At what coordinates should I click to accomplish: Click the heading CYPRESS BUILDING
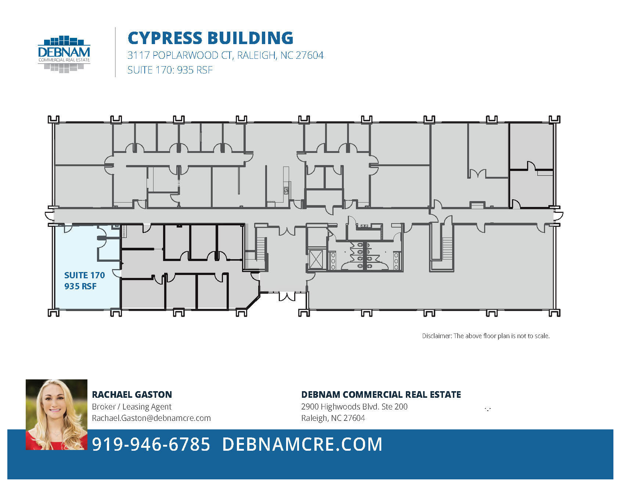tap(210, 38)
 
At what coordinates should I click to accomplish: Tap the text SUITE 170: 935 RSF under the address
tap(170, 70)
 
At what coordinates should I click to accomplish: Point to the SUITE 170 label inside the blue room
tap(84, 275)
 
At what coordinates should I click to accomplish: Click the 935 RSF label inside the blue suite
tap(80, 286)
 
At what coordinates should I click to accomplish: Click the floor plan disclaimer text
tap(486, 336)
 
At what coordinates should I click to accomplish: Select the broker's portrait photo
tap(57, 414)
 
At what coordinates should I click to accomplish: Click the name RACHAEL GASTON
tap(132, 394)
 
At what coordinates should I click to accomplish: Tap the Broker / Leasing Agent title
tap(131, 407)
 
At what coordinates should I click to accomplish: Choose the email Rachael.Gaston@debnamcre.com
tap(151, 418)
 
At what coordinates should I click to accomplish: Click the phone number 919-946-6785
tap(151, 444)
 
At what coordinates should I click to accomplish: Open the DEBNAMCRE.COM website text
tap(302, 444)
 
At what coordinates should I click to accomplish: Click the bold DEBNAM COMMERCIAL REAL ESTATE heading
tap(381, 394)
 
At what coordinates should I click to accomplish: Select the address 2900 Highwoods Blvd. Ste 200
tap(354, 407)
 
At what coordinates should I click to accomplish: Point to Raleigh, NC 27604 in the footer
tap(333, 418)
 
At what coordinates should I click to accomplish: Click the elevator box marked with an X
tap(316, 260)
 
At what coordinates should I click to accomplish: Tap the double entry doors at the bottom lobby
tap(287, 296)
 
